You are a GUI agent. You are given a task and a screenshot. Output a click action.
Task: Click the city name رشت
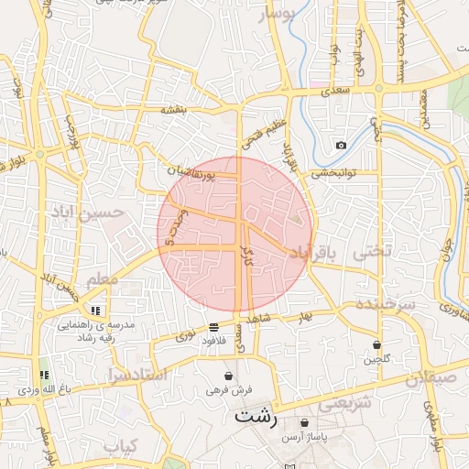(x=256, y=415)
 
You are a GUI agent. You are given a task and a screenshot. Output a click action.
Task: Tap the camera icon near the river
(x=342, y=145)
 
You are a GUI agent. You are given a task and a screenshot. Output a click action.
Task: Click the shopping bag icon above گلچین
(x=377, y=344)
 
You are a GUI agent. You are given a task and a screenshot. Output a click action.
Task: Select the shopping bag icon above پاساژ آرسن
(x=305, y=422)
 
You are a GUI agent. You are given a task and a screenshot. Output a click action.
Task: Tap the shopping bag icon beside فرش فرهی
(x=228, y=376)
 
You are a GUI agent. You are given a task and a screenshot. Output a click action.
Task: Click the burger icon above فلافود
(x=213, y=326)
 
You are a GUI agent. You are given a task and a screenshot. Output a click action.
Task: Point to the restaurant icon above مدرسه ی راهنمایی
(x=96, y=311)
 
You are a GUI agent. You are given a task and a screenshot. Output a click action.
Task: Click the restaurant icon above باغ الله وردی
(x=43, y=375)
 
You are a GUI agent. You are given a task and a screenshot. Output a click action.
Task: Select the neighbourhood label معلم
(x=103, y=278)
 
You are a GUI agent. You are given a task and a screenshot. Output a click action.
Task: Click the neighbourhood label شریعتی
(x=344, y=401)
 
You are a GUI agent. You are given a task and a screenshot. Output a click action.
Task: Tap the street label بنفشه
(x=173, y=110)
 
